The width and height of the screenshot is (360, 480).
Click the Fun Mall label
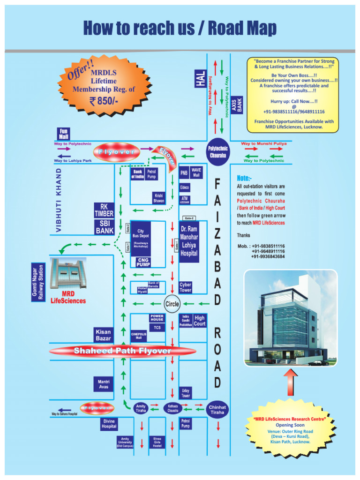[x=64, y=134]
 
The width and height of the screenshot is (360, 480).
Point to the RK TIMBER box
[x=104, y=210]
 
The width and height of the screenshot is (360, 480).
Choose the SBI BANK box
[x=104, y=227]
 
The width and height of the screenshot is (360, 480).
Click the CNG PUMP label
[x=143, y=262]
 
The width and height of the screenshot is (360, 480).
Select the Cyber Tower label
[x=186, y=287]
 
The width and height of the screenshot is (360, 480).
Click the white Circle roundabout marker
[x=172, y=304]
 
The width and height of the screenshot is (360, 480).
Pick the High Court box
[x=200, y=321]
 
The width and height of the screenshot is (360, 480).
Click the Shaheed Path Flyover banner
[x=122, y=351]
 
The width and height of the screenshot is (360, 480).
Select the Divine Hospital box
[x=109, y=424]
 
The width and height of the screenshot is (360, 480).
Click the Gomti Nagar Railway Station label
[x=37, y=282]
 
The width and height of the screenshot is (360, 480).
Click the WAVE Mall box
[x=196, y=172]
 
